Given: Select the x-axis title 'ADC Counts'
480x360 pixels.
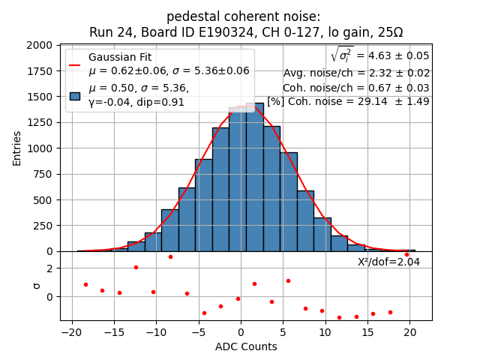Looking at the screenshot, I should click(246, 346).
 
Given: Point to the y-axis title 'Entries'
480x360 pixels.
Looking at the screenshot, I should click(17, 148).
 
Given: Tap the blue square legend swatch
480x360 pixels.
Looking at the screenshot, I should click(75, 95).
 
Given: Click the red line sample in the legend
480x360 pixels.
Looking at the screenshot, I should click(75, 64).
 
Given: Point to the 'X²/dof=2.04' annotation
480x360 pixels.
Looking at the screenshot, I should click(388, 262).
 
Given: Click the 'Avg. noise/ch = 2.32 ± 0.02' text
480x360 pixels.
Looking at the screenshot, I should click(356, 73).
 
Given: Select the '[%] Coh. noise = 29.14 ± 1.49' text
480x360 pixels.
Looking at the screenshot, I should click(348, 101).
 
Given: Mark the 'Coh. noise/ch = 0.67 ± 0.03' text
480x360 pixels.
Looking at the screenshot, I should click(356, 88).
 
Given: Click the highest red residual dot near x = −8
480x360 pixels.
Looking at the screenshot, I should click(170, 256).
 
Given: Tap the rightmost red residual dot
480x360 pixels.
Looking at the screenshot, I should click(406, 254).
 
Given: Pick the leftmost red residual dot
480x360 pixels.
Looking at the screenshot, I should click(85, 284).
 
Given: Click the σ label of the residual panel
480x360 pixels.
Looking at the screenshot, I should click(37, 286).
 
